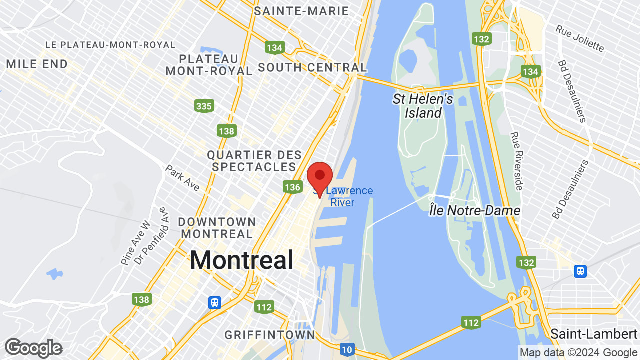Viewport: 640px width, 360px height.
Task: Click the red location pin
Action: (320, 178)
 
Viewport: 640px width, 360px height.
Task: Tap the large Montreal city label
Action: (241, 260)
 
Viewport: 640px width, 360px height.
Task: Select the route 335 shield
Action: (204, 106)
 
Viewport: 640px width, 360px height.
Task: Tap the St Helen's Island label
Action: (423, 106)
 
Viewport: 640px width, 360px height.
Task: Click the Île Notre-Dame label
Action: (474, 210)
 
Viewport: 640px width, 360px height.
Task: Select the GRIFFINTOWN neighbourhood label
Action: (270, 335)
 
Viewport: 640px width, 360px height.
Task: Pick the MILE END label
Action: (37, 64)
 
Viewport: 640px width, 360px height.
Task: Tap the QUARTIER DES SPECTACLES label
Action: (254, 161)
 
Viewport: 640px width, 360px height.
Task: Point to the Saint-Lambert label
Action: (594, 333)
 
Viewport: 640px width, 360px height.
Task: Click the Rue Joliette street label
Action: (580, 38)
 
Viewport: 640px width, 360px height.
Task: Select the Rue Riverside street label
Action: (517, 161)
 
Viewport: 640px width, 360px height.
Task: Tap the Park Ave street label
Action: (183, 178)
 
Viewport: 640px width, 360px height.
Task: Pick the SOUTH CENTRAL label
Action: (312, 67)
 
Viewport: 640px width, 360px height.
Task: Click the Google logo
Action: (33, 348)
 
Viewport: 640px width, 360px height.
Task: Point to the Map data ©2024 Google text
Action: (578, 352)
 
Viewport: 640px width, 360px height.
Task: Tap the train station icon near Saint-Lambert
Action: (580, 271)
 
